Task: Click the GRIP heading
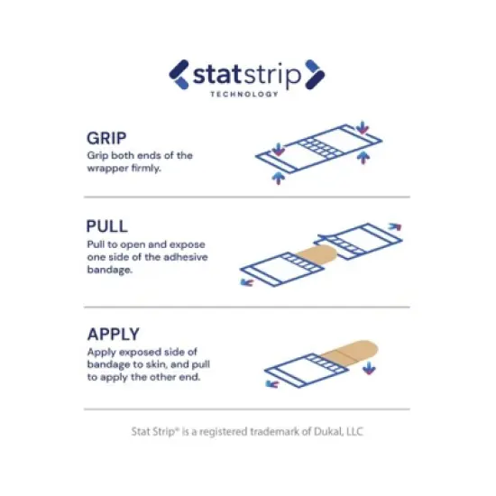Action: point(106,138)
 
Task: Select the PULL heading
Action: point(107,226)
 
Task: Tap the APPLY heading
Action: point(114,334)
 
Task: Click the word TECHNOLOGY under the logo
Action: point(244,94)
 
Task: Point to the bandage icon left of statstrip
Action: point(179,75)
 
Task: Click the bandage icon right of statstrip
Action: point(315,75)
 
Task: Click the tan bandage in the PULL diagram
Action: point(317,254)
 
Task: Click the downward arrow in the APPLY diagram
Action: point(369,369)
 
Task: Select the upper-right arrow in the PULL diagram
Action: point(395,226)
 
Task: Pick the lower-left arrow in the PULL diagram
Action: point(247,282)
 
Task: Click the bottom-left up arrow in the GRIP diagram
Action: point(279,178)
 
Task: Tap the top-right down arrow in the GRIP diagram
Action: point(363,127)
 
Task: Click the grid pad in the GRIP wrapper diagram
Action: point(321,149)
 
